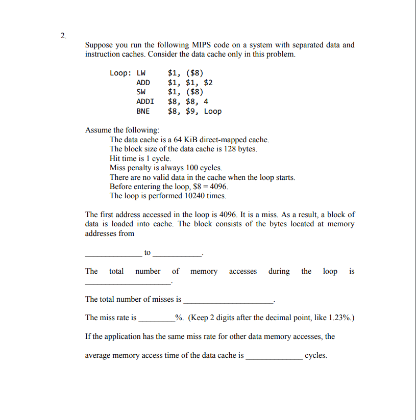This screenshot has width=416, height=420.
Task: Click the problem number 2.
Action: [62, 36]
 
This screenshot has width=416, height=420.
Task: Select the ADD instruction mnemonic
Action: [143, 83]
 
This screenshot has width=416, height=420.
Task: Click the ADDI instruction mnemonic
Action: [145, 101]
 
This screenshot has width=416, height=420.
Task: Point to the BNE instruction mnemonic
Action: [143, 111]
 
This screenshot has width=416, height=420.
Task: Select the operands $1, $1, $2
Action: [190, 83]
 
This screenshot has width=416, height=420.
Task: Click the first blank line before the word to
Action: [113, 254]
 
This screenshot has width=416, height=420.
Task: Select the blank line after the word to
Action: [177, 254]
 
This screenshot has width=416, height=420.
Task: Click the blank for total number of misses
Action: [228, 302]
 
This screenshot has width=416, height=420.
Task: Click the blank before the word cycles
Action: [274, 358]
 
